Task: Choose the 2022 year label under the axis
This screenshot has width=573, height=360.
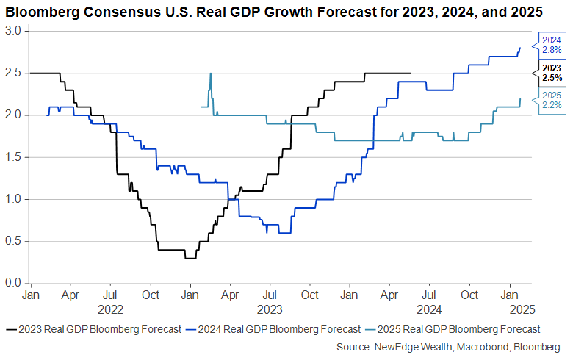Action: click(x=109, y=309)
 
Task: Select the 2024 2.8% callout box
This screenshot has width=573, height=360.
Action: click(x=551, y=45)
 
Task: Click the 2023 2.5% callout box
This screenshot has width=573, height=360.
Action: click(x=551, y=73)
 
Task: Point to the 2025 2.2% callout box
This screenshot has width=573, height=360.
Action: click(x=551, y=100)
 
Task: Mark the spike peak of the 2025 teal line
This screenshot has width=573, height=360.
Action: click(x=211, y=73)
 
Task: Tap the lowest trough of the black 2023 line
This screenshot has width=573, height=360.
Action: click(x=190, y=258)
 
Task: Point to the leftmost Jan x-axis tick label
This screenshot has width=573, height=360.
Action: click(x=31, y=295)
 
